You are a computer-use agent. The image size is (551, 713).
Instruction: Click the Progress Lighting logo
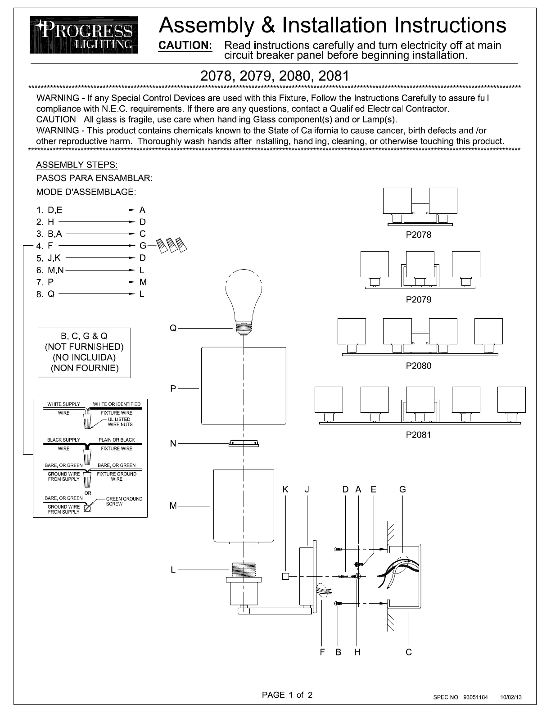(x=84, y=35)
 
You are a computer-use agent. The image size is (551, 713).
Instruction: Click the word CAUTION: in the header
(x=185, y=45)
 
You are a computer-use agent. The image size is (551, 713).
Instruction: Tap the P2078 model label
(x=418, y=235)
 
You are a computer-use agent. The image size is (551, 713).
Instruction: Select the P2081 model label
(x=418, y=434)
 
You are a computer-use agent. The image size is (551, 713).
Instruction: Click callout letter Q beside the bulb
(x=173, y=329)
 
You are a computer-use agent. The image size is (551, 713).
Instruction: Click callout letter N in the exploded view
(x=173, y=444)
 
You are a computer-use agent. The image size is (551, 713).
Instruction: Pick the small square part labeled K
(x=285, y=576)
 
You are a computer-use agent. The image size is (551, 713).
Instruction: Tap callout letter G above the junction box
(x=402, y=489)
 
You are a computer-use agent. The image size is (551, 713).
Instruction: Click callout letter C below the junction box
(x=408, y=652)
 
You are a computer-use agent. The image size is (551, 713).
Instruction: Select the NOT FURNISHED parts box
(x=84, y=352)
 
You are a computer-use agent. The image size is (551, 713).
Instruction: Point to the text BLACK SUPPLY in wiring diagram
(x=63, y=440)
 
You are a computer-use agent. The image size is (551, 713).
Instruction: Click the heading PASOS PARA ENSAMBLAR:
(x=94, y=178)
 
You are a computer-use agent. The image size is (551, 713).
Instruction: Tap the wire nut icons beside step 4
(x=172, y=245)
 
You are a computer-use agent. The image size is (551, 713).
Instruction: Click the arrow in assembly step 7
(x=96, y=282)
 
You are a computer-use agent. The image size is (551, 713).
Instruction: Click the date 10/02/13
(x=511, y=697)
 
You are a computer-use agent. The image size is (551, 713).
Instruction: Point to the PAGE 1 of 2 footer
(x=287, y=695)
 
